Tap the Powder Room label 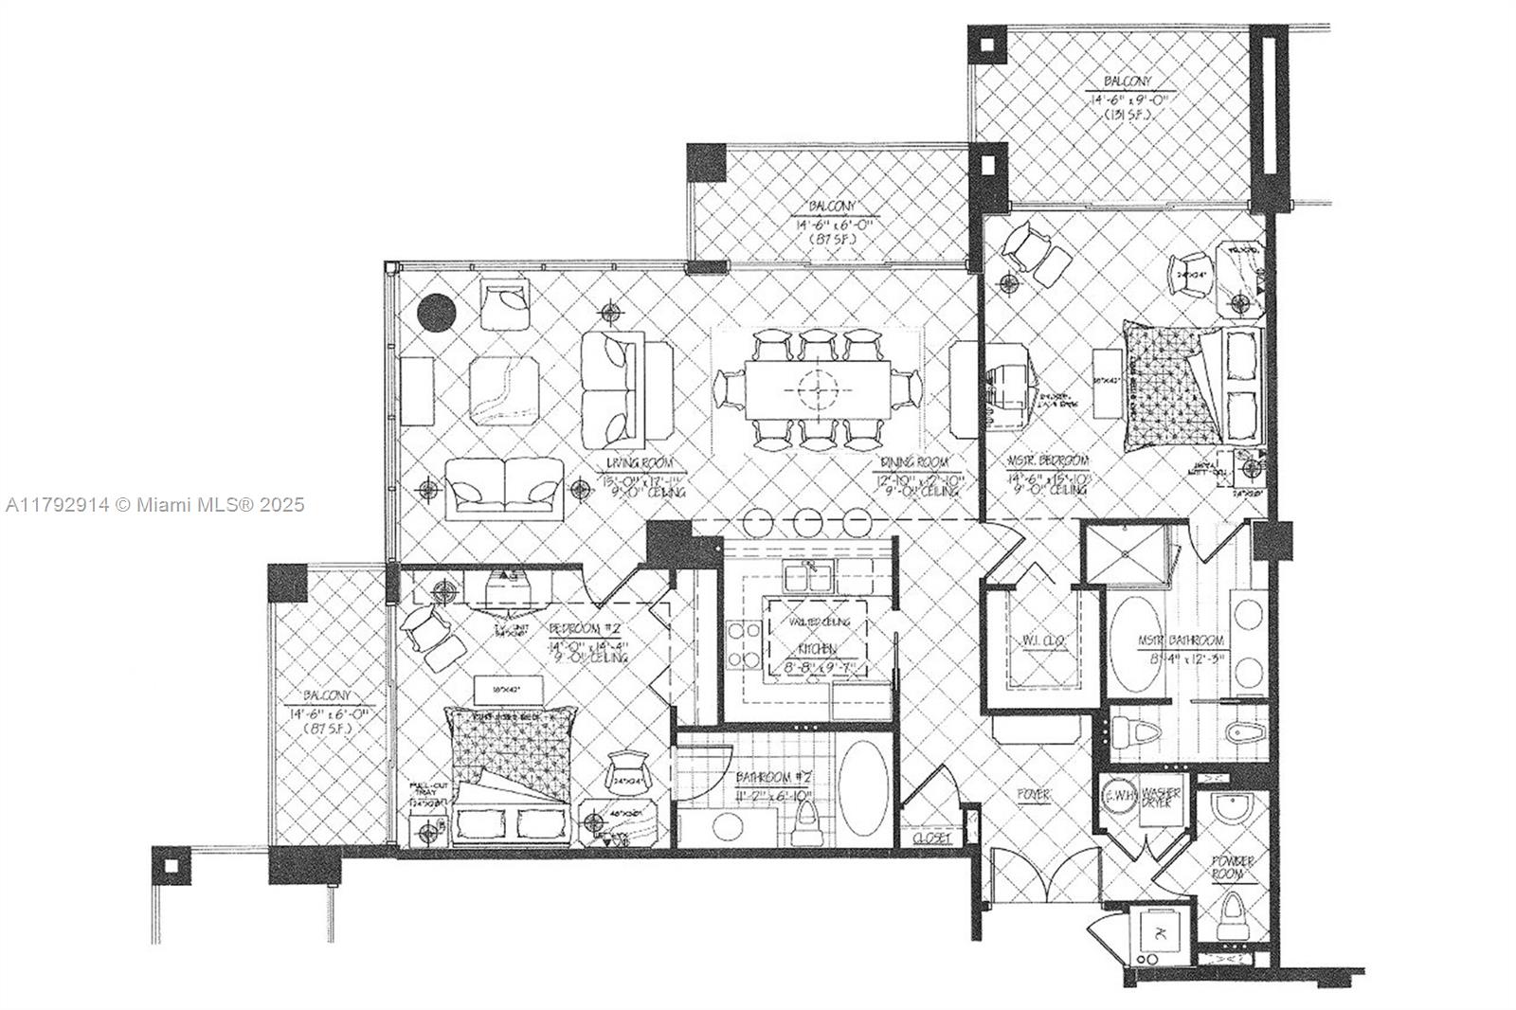1234,867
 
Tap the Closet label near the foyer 932,839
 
